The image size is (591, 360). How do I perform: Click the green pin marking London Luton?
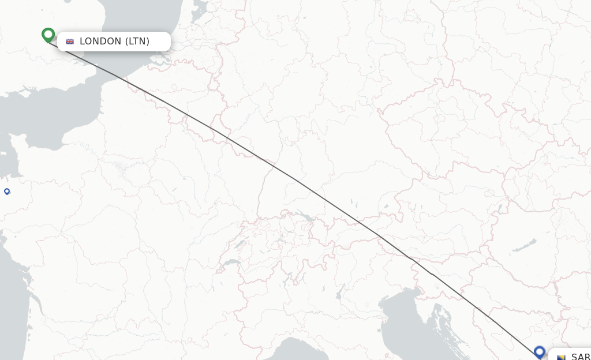pyautogui.click(x=48, y=35)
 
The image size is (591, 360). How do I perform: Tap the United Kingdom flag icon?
pyautogui.click(x=70, y=42)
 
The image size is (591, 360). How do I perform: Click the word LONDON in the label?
pyautogui.click(x=100, y=42)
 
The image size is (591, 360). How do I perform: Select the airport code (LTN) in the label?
pyautogui.click(x=137, y=42)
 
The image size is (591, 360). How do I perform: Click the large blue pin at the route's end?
pyautogui.click(x=540, y=351)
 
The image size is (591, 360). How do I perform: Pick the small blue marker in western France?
pyautogui.click(x=7, y=191)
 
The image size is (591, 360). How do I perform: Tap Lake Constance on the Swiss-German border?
pyautogui.click(x=305, y=218)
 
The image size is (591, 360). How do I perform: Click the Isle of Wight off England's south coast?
pyautogui.click(x=24, y=91)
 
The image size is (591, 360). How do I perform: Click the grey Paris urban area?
pyautogui.click(x=121, y=168)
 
